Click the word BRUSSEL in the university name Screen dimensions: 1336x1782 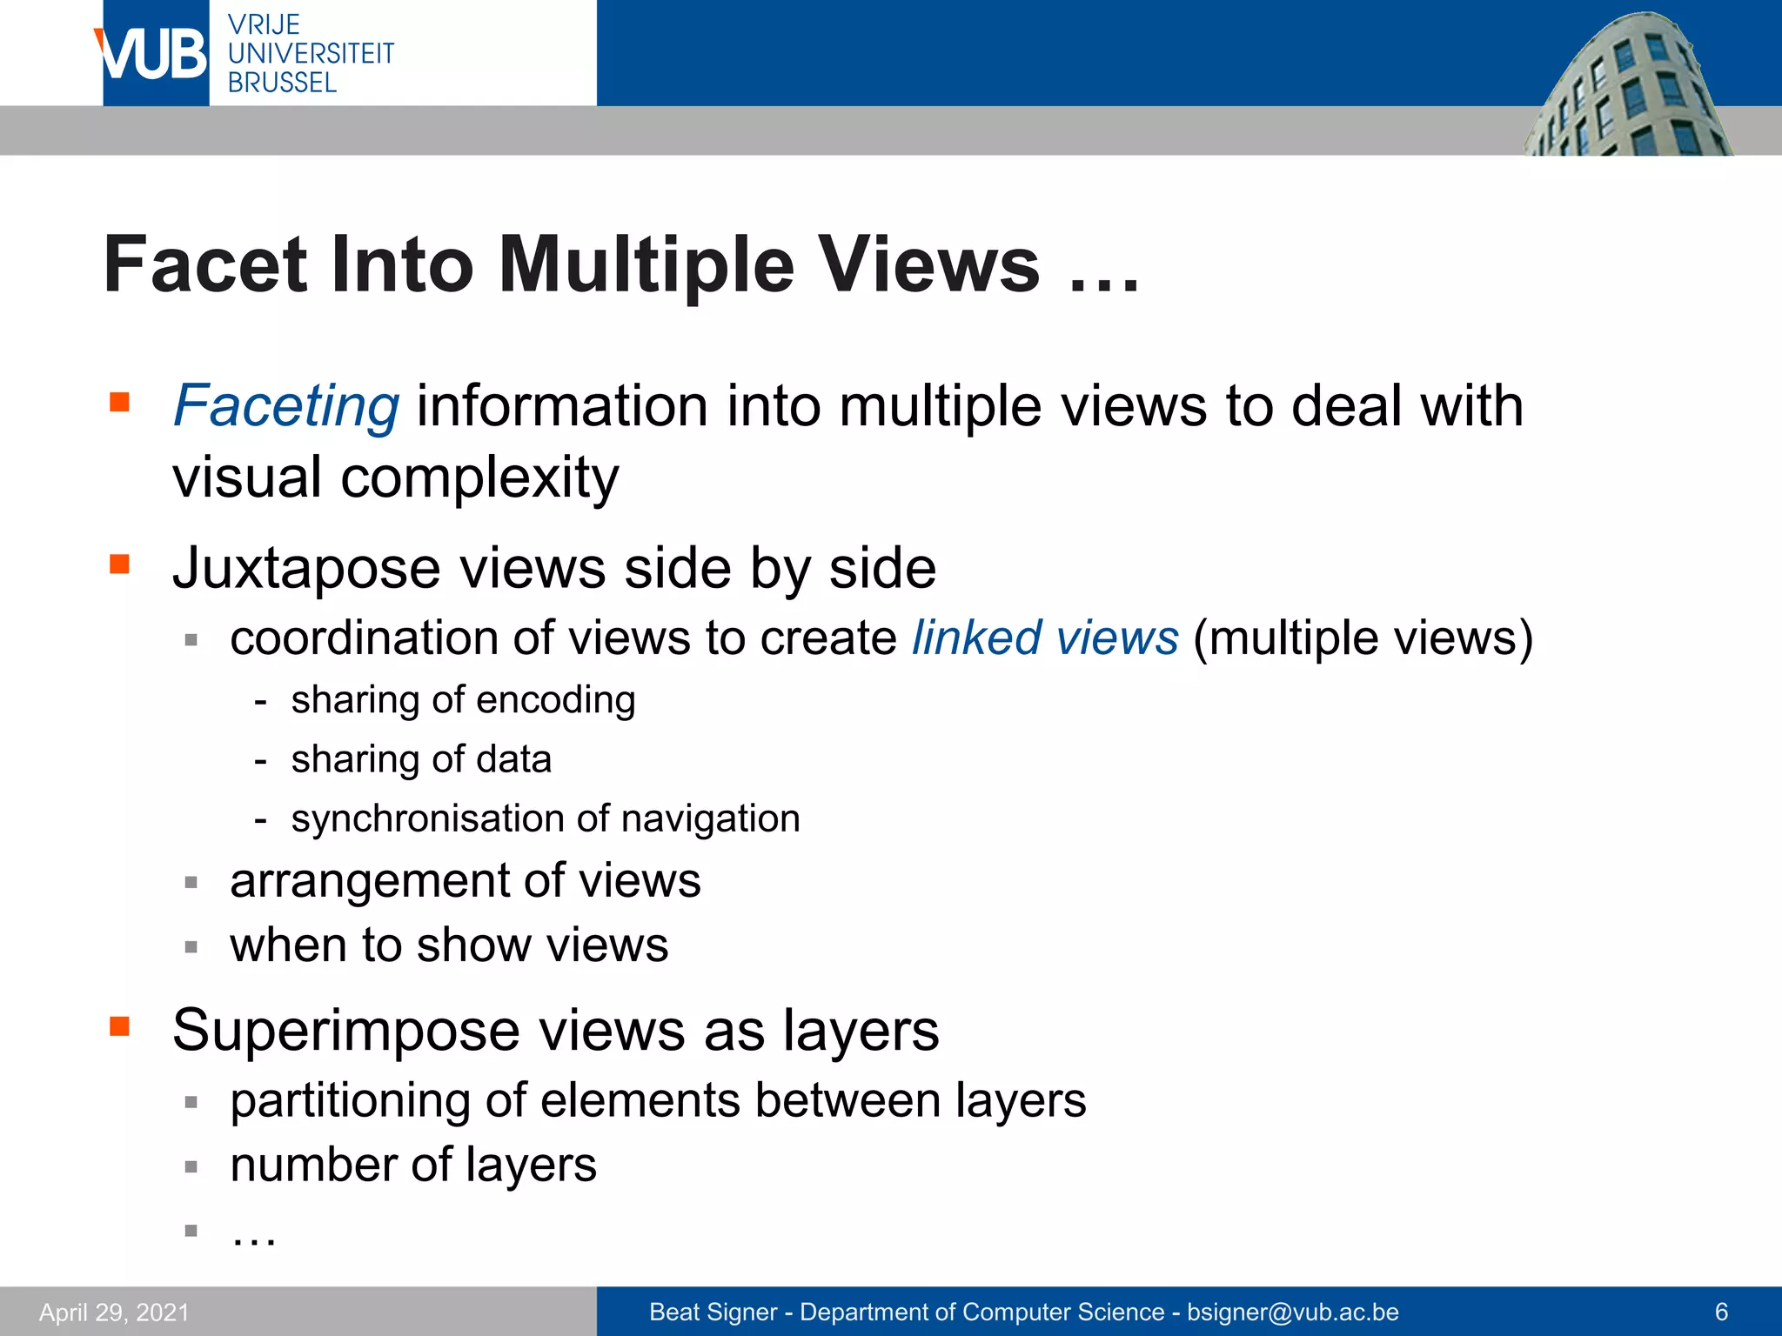coord(282,83)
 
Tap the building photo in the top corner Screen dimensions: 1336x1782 coord(1627,87)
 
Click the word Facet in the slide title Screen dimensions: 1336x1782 coord(205,264)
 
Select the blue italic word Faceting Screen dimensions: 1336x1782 coord(286,406)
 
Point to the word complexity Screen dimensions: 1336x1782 coord(479,478)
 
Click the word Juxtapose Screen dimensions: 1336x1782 coord(307,570)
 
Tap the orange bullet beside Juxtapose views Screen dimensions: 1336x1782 coord(119,565)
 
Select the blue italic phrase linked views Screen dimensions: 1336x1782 coord(1045,638)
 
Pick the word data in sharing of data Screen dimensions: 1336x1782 coord(513,759)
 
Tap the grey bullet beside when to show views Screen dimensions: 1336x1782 coord(191,946)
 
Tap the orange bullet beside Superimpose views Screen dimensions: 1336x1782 coord(119,1026)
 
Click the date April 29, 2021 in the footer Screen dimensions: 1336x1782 coord(114,1312)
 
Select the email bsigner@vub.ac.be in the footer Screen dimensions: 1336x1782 coord(1293,1312)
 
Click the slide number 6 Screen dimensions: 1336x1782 coord(1720,1312)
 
